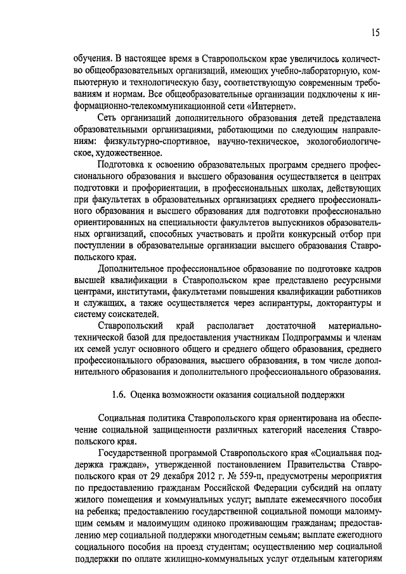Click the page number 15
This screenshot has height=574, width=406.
tap(376, 32)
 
